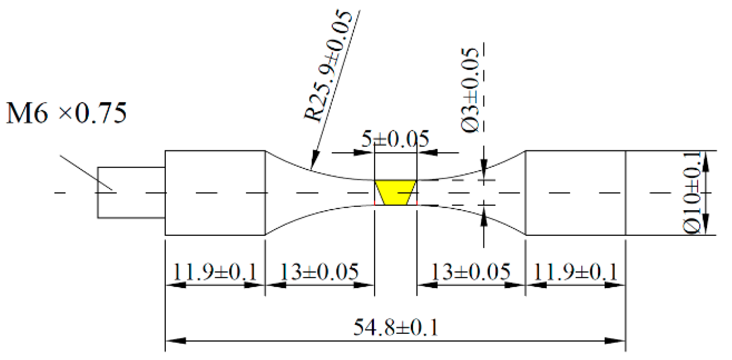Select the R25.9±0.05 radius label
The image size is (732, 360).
(328, 66)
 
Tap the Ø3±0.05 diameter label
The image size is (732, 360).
(470, 90)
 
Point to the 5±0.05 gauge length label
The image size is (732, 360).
(395, 139)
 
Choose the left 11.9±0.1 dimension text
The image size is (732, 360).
(215, 271)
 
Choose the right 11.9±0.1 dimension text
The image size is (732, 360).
(575, 271)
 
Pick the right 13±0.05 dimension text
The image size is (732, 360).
(471, 271)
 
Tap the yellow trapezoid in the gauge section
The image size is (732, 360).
(395, 193)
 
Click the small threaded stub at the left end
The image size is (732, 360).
(131, 192)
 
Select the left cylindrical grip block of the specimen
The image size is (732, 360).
(215, 193)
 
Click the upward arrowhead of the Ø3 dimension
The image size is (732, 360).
(484, 215)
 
